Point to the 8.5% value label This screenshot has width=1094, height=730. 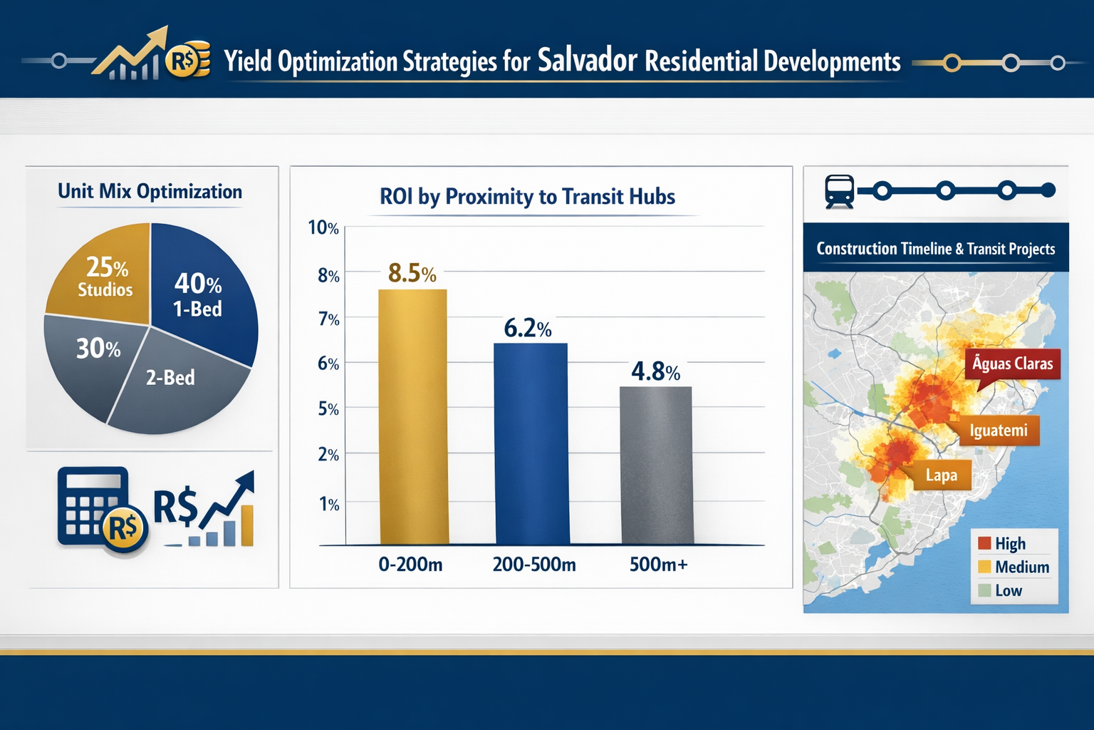pos(412,273)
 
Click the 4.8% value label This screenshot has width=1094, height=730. pos(655,371)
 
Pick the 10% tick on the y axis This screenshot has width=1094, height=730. pos(323,228)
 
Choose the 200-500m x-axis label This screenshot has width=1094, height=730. pos(533,565)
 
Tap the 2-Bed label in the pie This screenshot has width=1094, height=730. pos(170,378)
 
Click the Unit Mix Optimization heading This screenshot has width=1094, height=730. pos(150,192)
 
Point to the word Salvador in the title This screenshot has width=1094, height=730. pos(587,61)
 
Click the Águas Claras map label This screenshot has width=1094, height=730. pos(1012,364)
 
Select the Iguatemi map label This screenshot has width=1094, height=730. pos(998,431)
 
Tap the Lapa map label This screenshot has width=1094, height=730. pos(940,475)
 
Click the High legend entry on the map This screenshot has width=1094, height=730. pos(1002,543)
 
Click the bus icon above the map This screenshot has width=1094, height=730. pos(839,191)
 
